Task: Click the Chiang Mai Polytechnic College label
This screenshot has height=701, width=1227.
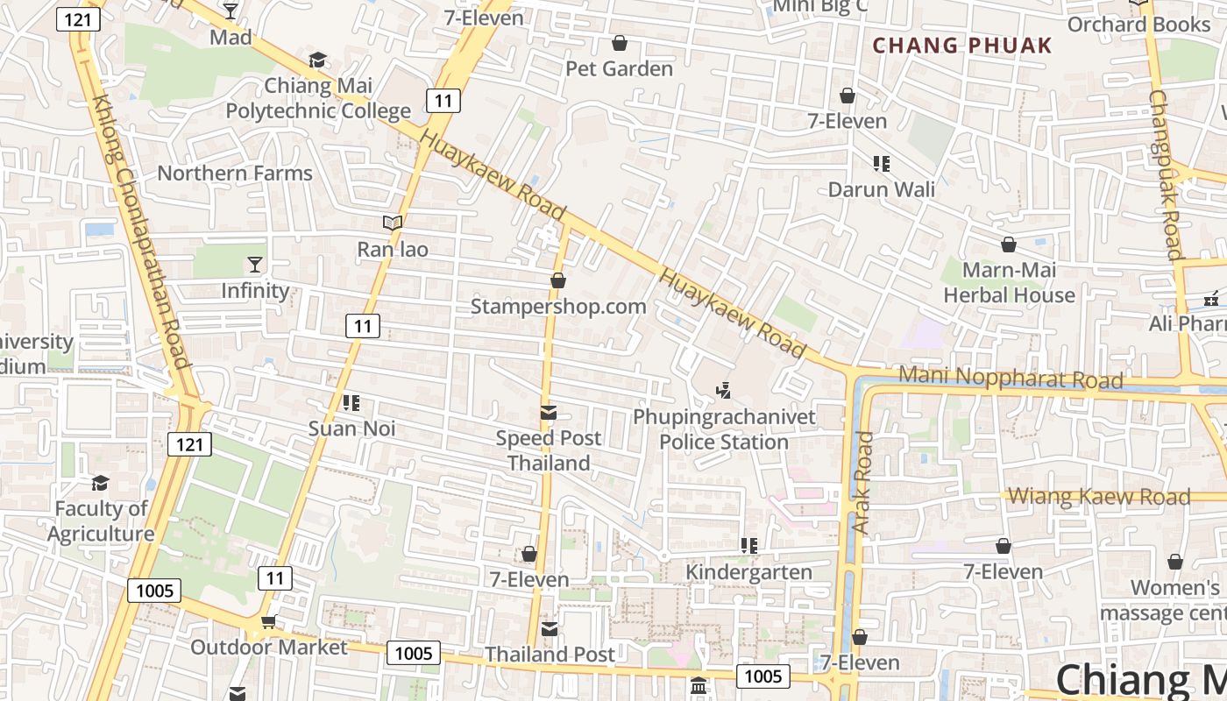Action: [x=318, y=98]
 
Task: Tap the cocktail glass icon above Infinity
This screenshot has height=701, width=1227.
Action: [x=255, y=264]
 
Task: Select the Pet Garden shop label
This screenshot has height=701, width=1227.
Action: [x=619, y=68]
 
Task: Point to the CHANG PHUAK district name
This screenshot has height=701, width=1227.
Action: [x=962, y=46]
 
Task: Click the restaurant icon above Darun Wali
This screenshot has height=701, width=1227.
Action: [x=882, y=163]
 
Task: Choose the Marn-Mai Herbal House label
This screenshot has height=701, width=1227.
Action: [x=1009, y=282]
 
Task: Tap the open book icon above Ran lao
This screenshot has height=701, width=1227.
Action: [x=393, y=223]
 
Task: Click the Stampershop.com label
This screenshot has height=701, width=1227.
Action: [x=558, y=306]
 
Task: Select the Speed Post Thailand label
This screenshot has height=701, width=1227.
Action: [x=549, y=450]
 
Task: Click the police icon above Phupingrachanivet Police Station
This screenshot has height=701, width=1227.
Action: [x=724, y=389]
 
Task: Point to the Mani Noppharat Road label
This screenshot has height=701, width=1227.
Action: [x=1011, y=378]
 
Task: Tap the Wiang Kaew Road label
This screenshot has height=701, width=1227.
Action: [x=1099, y=497]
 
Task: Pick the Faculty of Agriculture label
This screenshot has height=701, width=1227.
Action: [x=101, y=520]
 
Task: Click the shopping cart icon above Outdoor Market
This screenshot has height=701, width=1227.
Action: [x=268, y=621]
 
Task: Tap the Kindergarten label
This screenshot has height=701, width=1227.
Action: [x=748, y=572]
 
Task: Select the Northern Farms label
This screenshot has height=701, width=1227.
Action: [x=235, y=173]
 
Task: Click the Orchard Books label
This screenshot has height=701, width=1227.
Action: [x=1138, y=25]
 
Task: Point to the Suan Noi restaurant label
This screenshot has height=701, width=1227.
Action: [x=351, y=428]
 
